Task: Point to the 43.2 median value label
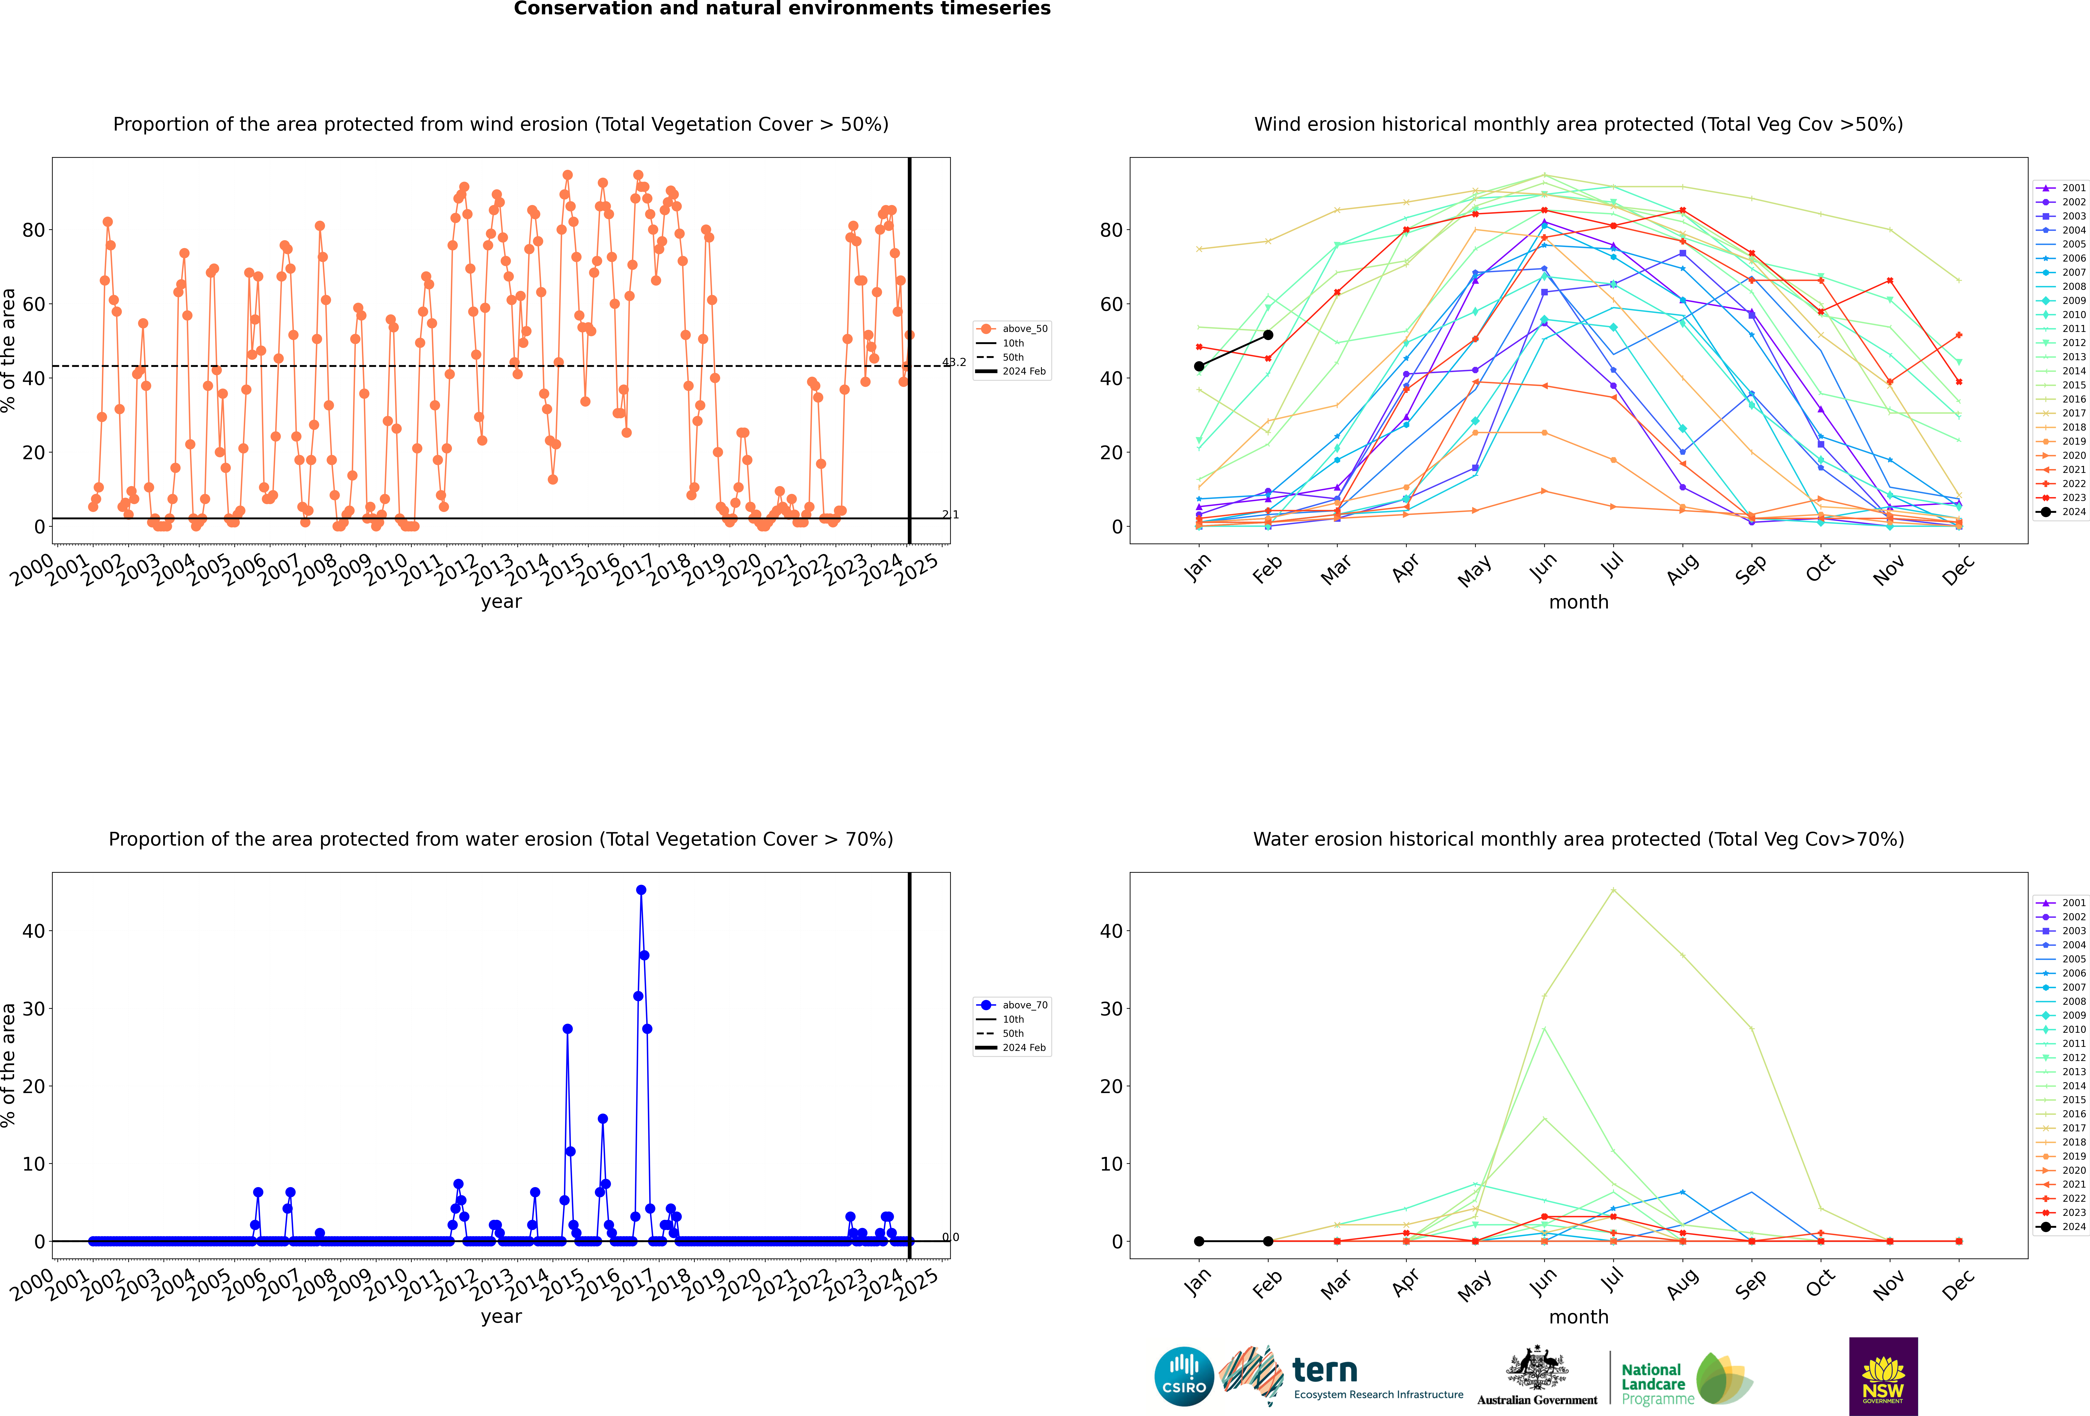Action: tap(954, 362)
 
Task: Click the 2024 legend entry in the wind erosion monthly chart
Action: tap(2060, 512)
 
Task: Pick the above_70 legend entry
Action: tap(1013, 1005)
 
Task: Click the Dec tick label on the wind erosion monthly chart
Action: tap(1958, 569)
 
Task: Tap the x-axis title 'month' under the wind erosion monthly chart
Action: tap(1578, 602)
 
